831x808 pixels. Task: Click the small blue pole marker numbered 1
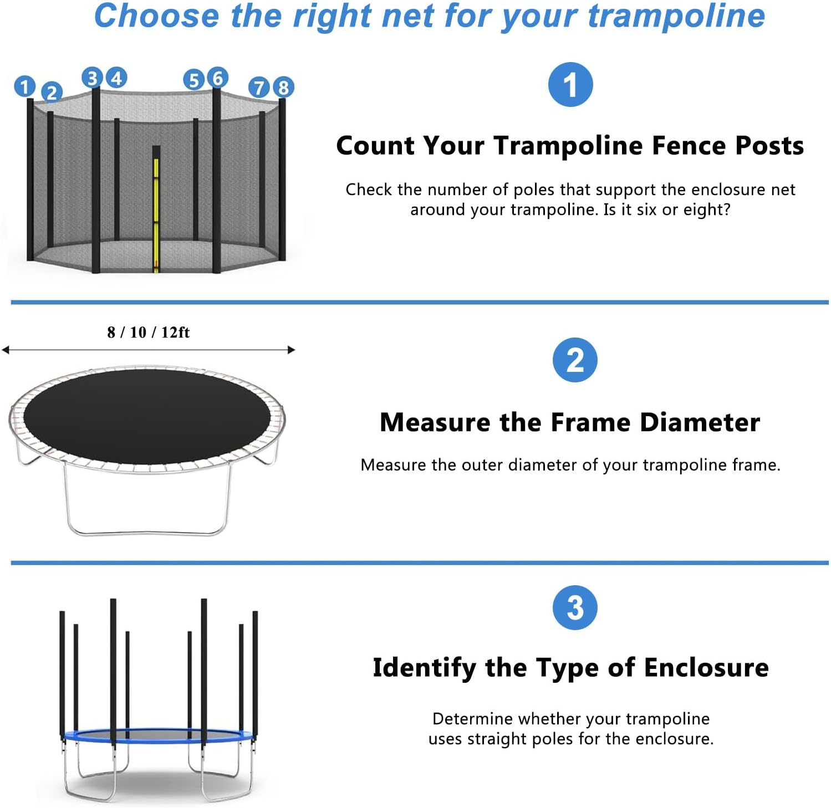pyautogui.click(x=24, y=86)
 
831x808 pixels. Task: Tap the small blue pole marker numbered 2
pyautogui.click(x=52, y=92)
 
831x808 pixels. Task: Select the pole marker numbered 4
pyautogui.click(x=116, y=78)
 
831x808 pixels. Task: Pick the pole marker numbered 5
pyautogui.click(x=193, y=80)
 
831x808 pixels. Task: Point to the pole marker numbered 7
pyautogui.click(x=259, y=87)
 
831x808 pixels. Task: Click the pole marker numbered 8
pyautogui.click(x=283, y=87)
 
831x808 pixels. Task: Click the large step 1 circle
pyautogui.click(x=570, y=85)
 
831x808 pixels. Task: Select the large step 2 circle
pyautogui.click(x=575, y=360)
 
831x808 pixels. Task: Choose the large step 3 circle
pyautogui.click(x=575, y=607)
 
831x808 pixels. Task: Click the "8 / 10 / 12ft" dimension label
pyautogui.click(x=148, y=333)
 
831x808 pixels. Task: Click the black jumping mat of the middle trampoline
pyautogui.click(x=147, y=416)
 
